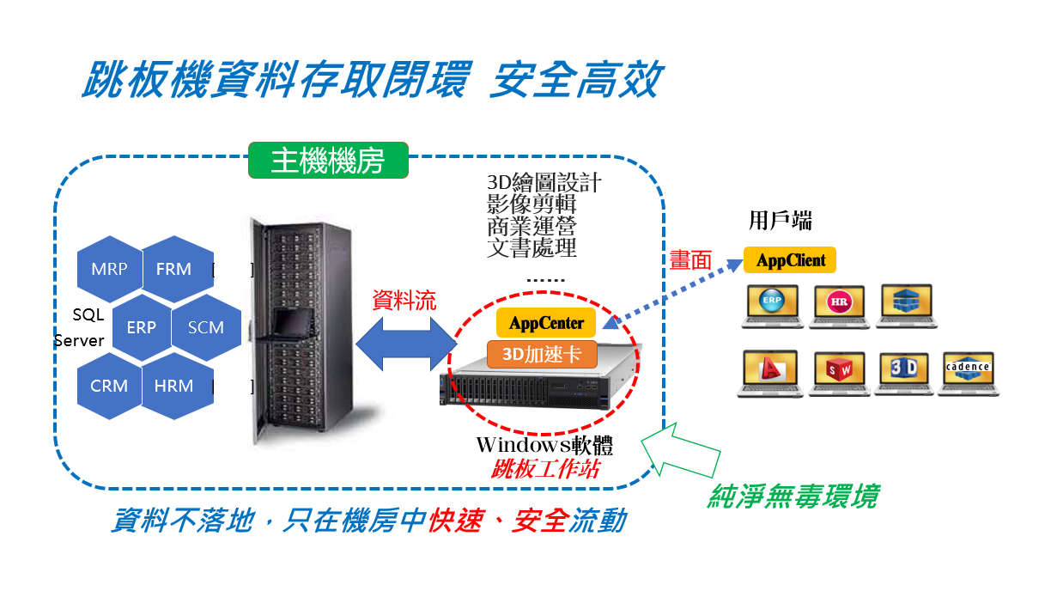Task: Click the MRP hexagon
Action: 109,269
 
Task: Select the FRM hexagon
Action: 173,269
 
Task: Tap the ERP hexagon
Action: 141,327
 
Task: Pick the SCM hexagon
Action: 205,327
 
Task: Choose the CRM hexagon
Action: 109,386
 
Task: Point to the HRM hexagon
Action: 173,386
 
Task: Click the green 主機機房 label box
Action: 328,161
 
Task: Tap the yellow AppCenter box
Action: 546,324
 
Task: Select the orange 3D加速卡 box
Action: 542,354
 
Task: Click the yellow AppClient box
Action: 790,260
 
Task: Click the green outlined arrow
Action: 683,450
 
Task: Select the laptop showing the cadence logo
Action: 968,373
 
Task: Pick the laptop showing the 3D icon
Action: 904,373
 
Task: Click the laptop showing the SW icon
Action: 838,373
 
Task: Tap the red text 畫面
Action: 690,260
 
